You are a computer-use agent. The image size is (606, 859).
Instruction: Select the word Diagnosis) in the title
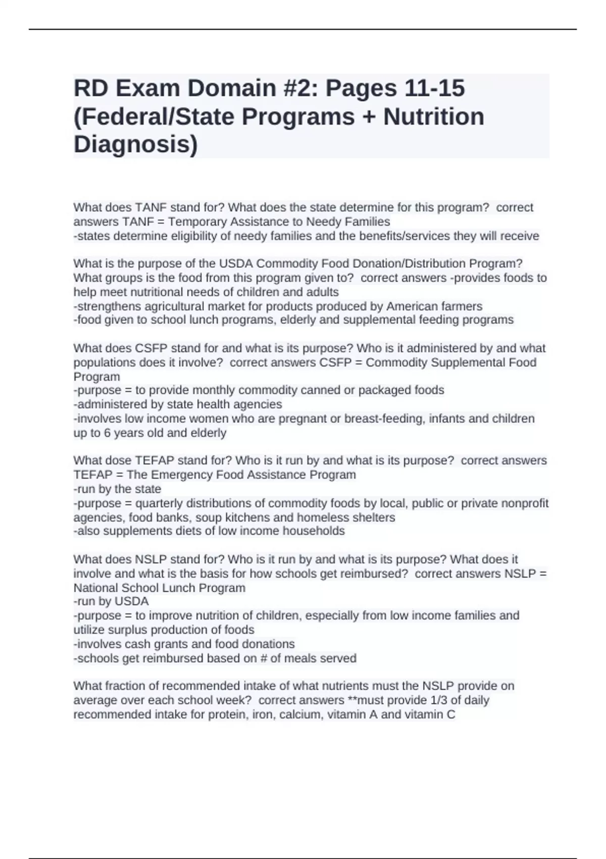pyautogui.click(x=136, y=145)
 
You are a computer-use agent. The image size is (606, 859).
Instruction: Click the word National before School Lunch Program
pyautogui.click(x=96, y=588)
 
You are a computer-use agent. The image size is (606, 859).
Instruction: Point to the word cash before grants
pyautogui.click(x=137, y=644)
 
